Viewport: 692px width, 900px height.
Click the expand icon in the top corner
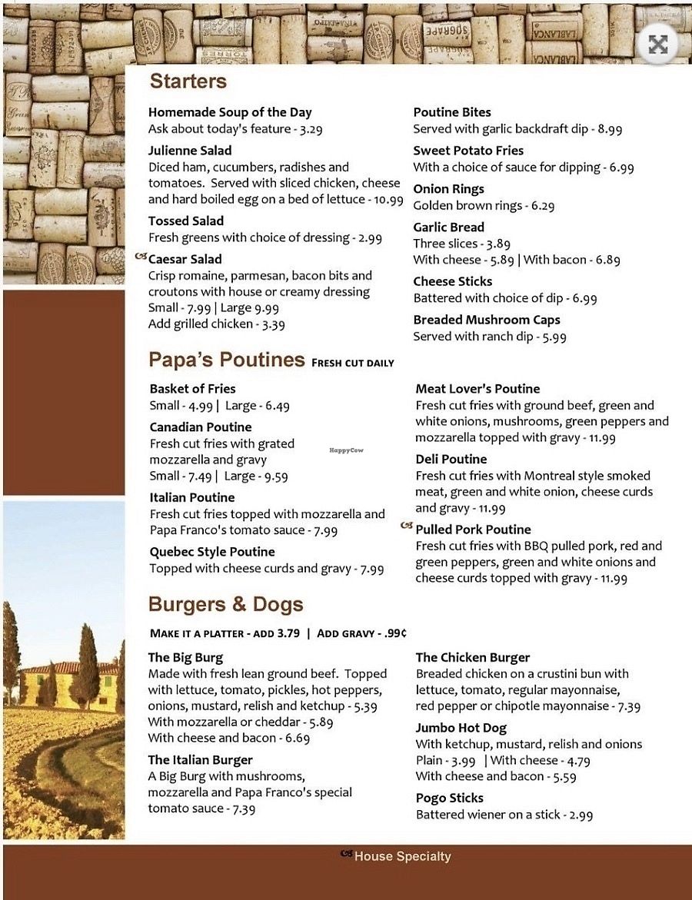tap(657, 45)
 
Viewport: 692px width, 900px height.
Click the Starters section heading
tap(188, 81)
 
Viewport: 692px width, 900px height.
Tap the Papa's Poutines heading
tap(226, 360)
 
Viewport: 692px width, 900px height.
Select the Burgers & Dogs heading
tap(225, 604)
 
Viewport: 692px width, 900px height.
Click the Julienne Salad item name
tap(190, 151)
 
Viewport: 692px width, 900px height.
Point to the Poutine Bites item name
tap(452, 112)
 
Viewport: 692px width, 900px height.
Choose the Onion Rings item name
tap(448, 189)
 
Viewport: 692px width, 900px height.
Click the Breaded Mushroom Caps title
tap(487, 320)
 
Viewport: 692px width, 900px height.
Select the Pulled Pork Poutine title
tap(473, 530)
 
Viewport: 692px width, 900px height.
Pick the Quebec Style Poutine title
tap(211, 552)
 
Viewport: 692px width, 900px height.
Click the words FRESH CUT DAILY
tap(353, 363)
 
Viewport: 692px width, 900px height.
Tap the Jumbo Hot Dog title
tap(461, 728)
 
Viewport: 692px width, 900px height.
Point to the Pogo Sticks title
tap(450, 798)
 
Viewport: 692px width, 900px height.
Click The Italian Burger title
tap(200, 760)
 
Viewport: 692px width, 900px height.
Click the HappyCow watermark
tap(345, 451)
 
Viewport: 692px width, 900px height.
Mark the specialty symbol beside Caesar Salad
tap(140, 257)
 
